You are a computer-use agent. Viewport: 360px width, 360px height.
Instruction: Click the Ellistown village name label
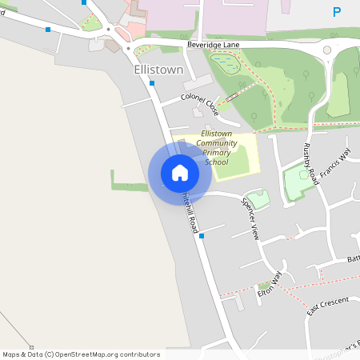158,70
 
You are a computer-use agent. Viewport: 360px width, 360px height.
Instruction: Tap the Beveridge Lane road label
212,46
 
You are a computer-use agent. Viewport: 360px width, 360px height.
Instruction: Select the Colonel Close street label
200,101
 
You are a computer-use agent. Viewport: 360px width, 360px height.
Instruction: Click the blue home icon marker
180,173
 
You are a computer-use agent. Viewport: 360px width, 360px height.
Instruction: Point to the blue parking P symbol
337,12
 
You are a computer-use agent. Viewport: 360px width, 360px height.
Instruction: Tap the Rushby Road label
310,164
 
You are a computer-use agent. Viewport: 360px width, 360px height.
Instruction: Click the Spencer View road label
250,218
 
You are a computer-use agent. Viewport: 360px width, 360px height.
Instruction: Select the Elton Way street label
270,285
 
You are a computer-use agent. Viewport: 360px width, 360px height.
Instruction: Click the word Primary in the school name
216,152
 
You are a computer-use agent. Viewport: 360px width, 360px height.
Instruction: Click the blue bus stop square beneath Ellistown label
151,83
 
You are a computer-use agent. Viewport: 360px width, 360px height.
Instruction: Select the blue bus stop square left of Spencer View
202,236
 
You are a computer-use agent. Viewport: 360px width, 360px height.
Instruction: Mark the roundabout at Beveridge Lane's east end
327,50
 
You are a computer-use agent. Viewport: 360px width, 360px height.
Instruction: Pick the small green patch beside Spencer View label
258,199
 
